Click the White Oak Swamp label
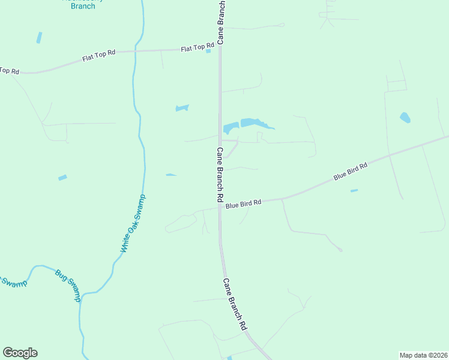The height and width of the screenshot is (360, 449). click(133, 223)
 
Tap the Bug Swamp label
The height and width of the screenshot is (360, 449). click(67, 283)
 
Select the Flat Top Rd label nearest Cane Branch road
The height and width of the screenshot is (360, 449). click(197, 47)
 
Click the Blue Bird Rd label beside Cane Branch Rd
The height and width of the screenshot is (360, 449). click(243, 203)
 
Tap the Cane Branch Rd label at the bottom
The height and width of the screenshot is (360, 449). click(235, 304)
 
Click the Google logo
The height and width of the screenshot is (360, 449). click(20, 353)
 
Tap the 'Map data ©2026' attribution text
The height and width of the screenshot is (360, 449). click(423, 355)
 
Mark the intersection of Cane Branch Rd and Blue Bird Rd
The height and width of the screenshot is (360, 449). click(220, 207)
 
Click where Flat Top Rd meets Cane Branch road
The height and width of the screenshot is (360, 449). click(220, 49)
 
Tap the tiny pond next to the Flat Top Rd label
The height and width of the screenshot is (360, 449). click(208, 51)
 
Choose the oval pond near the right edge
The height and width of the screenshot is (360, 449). click(405, 117)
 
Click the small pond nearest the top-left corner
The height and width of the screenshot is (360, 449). click(40, 37)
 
